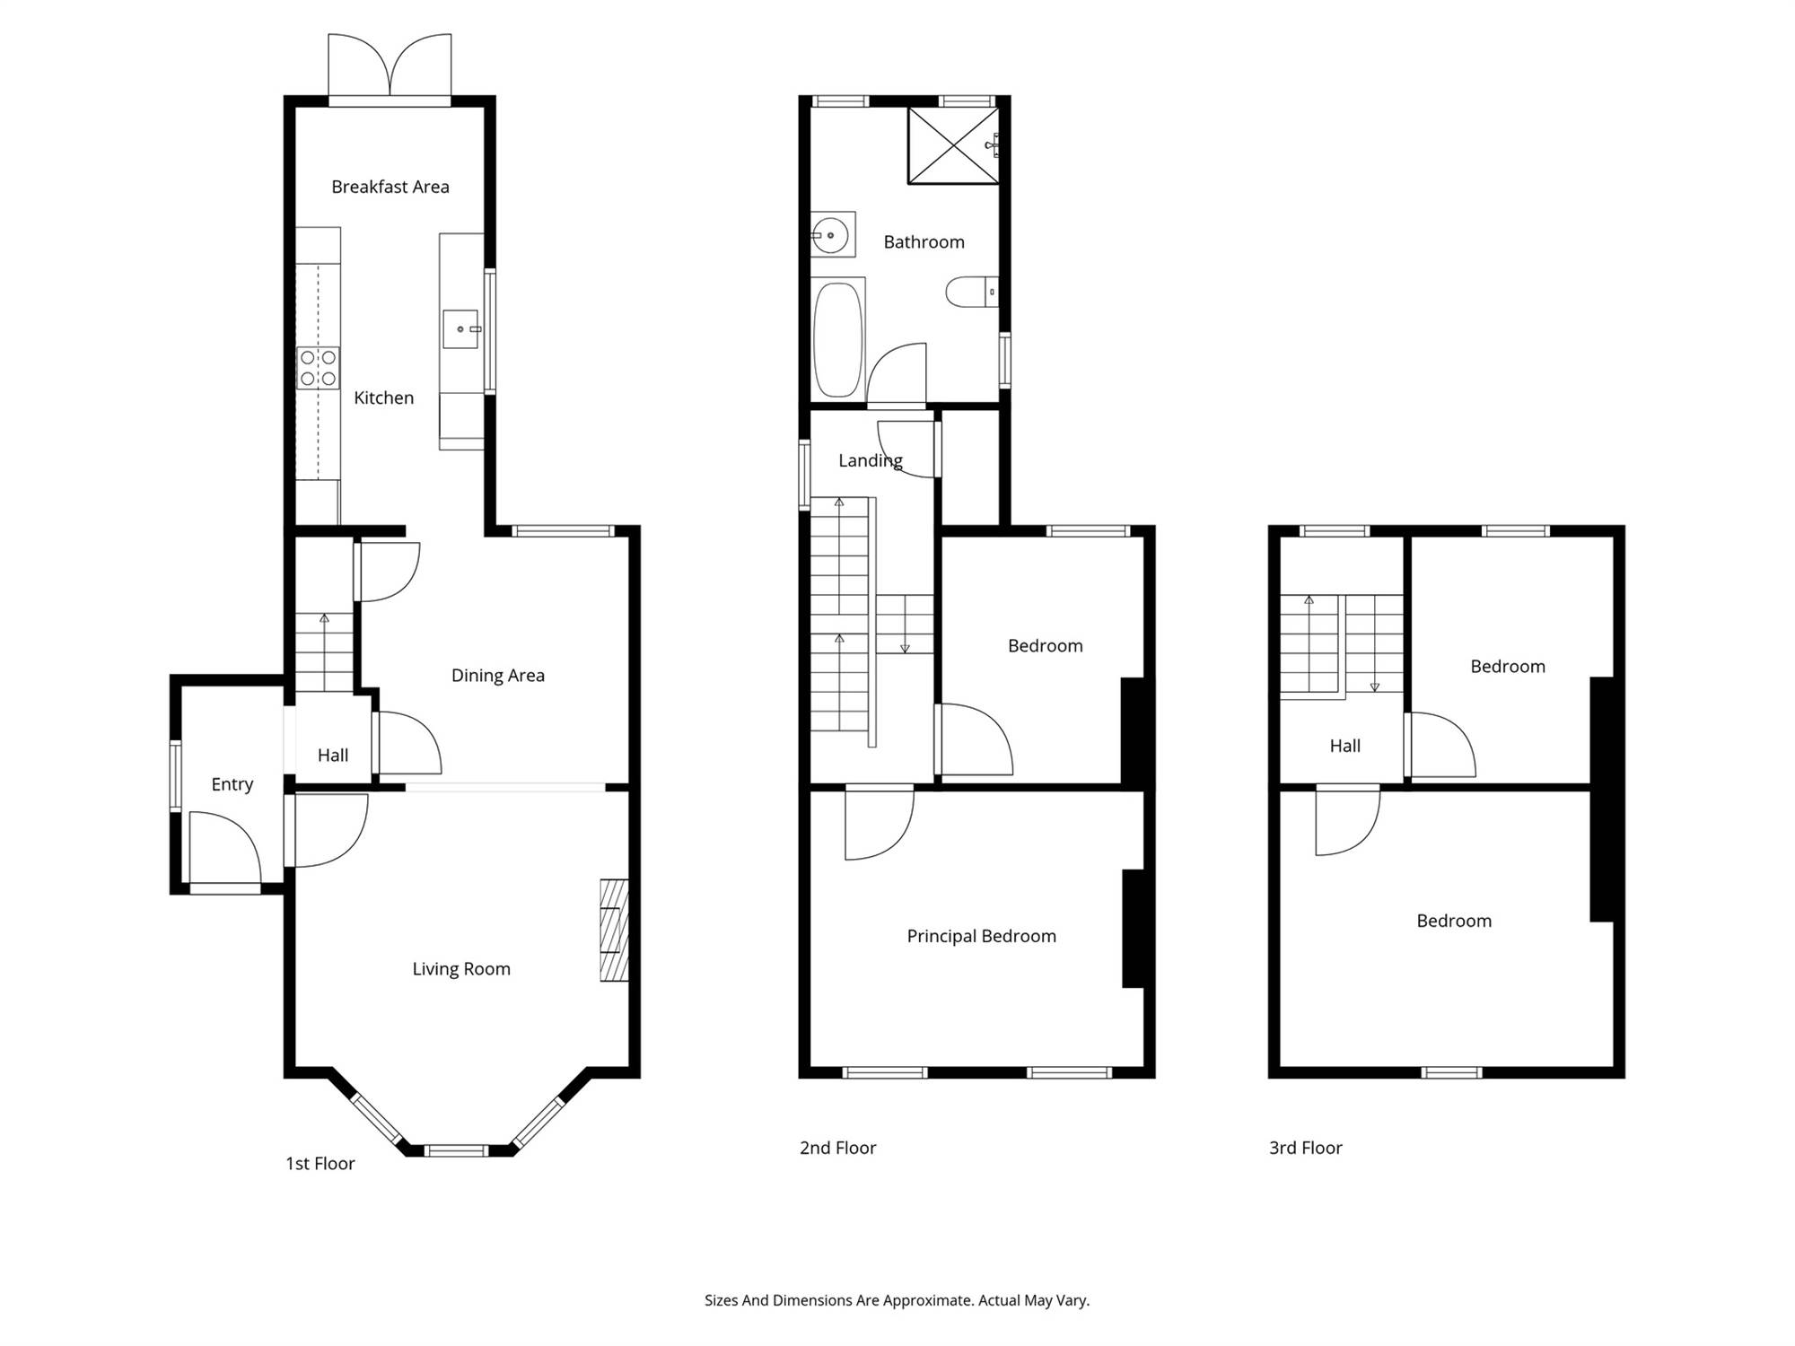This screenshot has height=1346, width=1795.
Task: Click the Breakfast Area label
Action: click(x=390, y=187)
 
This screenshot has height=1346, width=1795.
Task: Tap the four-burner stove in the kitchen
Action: click(x=319, y=368)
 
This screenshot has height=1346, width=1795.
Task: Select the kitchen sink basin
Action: click(x=460, y=329)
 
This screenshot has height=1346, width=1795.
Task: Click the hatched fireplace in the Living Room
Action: click(x=615, y=930)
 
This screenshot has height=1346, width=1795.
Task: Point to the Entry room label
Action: click(x=232, y=784)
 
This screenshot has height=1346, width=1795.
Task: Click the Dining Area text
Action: click(x=498, y=676)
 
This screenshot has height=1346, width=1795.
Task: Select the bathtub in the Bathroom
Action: click(x=838, y=339)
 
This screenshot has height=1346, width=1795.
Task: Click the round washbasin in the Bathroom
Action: click(x=833, y=235)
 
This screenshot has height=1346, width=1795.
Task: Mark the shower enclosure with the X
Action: click(x=953, y=146)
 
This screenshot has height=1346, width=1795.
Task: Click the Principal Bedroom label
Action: click(x=982, y=936)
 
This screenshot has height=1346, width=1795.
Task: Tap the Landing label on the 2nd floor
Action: click(x=871, y=460)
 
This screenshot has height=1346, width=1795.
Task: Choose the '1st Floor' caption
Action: click(x=320, y=1164)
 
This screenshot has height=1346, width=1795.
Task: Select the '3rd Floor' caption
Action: click(x=1306, y=1148)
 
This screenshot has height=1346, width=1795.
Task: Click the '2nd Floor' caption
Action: click(x=838, y=1148)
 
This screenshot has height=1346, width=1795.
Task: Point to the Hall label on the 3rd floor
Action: click(x=1345, y=746)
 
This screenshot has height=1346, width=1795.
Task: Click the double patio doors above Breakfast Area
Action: click(x=390, y=66)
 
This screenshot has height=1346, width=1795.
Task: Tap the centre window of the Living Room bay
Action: click(x=456, y=1150)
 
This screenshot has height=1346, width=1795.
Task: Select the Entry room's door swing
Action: click(x=225, y=848)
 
